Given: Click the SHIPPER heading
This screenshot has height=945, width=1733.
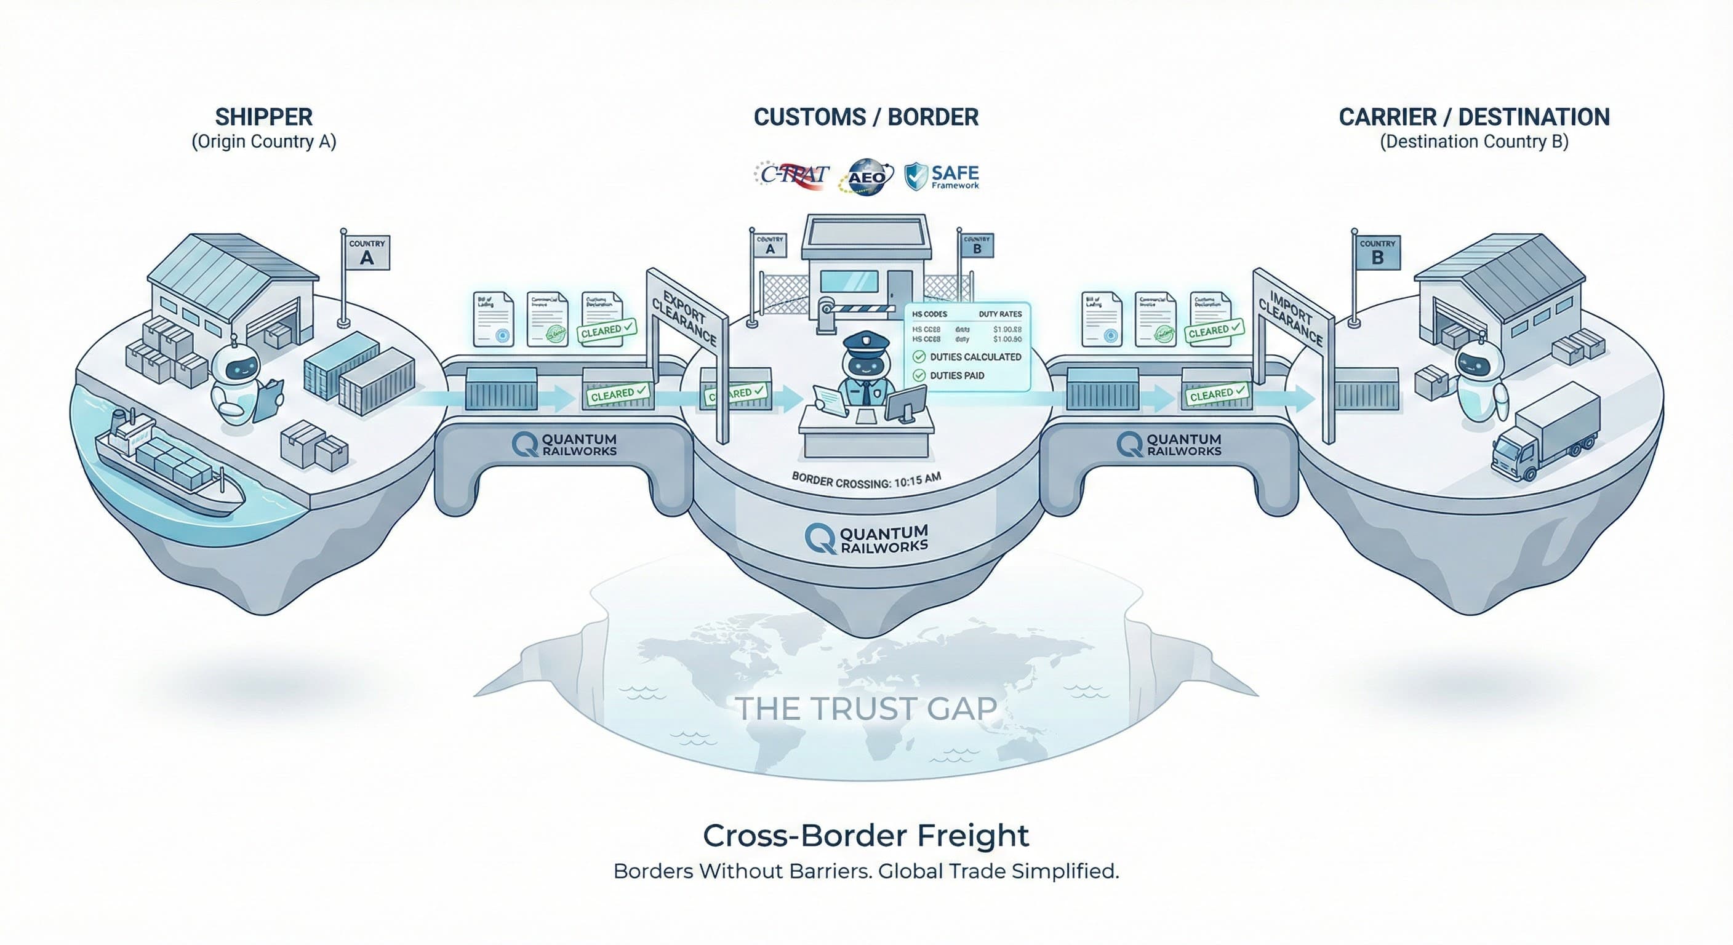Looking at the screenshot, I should [264, 117].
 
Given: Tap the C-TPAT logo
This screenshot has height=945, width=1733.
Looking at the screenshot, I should [792, 175].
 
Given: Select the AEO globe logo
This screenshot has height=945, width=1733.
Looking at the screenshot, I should [866, 177].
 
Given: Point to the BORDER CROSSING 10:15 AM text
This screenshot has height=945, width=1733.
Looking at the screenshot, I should [866, 480].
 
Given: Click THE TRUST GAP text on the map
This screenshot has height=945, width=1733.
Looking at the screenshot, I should [866, 708].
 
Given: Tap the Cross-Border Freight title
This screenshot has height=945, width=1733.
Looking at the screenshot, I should [866, 836].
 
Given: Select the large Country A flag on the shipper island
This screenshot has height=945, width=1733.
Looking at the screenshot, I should [367, 253].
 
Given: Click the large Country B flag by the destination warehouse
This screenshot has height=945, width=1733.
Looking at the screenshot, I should [1377, 253].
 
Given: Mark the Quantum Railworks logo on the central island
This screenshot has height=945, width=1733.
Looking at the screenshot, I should [866, 539].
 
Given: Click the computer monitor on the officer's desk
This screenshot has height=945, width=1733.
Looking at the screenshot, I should [905, 404].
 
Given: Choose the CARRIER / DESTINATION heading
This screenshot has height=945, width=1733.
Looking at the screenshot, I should [1474, 117].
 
